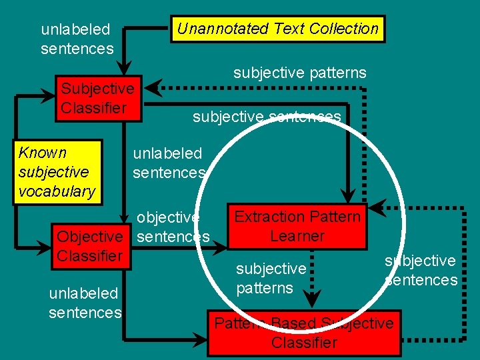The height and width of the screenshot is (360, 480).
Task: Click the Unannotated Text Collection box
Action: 277,29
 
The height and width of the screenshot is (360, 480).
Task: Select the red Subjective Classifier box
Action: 98,99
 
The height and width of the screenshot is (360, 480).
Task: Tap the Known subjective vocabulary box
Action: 57,172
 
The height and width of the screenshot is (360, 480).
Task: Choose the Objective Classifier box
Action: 90,246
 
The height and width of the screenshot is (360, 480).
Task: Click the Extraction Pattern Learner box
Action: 297,227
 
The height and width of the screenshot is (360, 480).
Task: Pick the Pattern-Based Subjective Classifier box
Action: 304,333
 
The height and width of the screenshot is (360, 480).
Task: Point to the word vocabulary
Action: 57,191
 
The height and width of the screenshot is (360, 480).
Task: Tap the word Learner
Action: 297,236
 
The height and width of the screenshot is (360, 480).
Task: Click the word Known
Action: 43,153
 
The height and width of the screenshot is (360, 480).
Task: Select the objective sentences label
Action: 172,227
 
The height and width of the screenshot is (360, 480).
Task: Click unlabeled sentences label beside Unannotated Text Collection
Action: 77,39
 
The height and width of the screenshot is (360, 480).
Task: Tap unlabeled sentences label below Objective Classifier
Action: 85,303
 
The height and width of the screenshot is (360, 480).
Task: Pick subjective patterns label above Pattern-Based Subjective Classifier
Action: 271,278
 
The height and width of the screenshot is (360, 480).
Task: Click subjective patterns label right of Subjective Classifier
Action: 299,73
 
